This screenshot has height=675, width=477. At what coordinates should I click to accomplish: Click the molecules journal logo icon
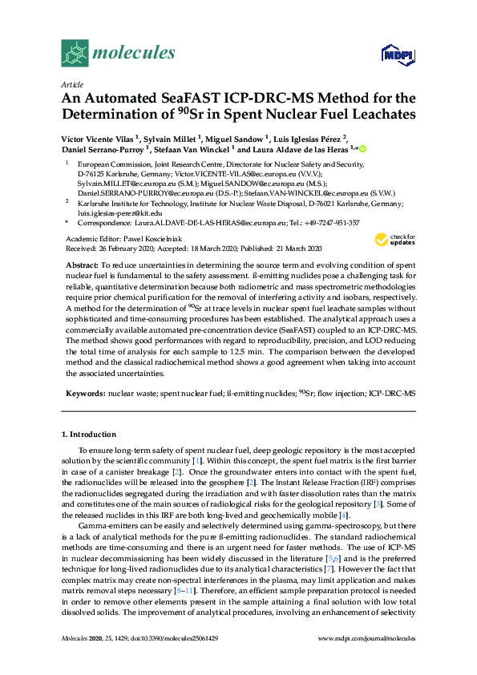(x=74, y=54)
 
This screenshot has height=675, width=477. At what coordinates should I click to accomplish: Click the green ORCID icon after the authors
(x=362, y=148)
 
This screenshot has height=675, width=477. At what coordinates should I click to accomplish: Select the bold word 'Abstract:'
(x=82, y=265)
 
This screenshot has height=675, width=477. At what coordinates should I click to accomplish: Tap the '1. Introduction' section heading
(x=89, y=434)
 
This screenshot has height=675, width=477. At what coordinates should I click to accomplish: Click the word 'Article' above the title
(x=72, y=83)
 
